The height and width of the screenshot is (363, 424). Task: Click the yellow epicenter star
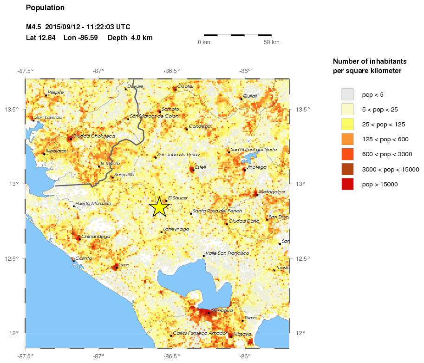(159, 207)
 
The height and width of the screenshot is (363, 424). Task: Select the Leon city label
(124, 265)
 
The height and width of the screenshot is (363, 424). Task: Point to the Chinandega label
(96, 237)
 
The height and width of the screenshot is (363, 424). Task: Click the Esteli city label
(200, 167)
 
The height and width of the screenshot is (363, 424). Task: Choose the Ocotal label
(185, 86)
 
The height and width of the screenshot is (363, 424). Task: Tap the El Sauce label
(177, 198)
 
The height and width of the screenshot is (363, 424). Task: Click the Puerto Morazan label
(93, 203)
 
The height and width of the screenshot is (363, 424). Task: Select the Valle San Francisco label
(227, 253)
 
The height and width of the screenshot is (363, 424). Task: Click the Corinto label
(84, 258)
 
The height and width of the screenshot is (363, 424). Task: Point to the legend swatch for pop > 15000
(347, 184)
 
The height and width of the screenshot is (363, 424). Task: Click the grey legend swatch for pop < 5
(347, 95)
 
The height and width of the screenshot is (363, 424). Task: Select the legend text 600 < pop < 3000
(386, 154)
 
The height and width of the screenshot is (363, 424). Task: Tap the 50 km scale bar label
(272, 43)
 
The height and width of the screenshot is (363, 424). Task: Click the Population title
(46, 8)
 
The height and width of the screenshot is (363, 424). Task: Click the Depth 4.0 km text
(130, 38)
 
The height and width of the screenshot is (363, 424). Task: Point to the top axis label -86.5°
(171, 71)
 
